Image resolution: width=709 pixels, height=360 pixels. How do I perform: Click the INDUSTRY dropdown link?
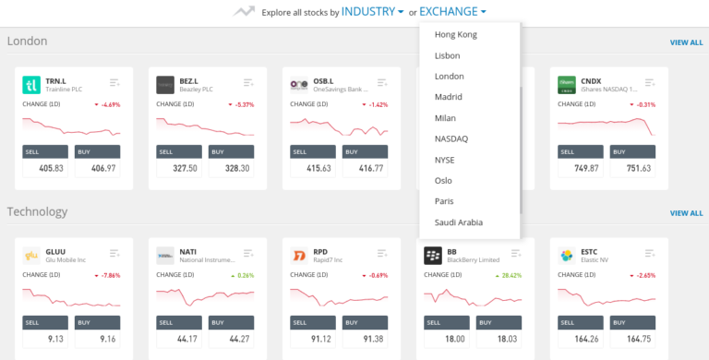click(x=372, y=12)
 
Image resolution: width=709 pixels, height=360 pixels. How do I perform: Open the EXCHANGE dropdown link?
click(x=452, y=12)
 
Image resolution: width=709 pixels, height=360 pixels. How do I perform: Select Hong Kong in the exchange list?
click(x=455, y=34)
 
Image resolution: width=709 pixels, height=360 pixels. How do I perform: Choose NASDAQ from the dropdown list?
click(x=451, y=138)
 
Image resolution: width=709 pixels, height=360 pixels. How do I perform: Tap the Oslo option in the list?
click(x=443, y=180)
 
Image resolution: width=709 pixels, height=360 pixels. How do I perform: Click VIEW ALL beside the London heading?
click(x=686, y=42)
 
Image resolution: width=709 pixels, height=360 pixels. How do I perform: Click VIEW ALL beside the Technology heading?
click(x=686, y=213)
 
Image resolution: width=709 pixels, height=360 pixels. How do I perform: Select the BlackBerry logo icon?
click(x=432, y=255)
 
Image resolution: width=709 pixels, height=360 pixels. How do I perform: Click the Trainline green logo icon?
click(x=31, y=85)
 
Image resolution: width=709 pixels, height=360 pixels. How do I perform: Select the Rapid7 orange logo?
click(x=299, y=255)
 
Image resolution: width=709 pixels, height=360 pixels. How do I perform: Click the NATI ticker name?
click(x=187, y=250)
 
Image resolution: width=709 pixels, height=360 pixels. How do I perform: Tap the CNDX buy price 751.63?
click(x=633, y=169)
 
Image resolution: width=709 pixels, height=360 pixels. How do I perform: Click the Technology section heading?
click(x=37, y=211)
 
